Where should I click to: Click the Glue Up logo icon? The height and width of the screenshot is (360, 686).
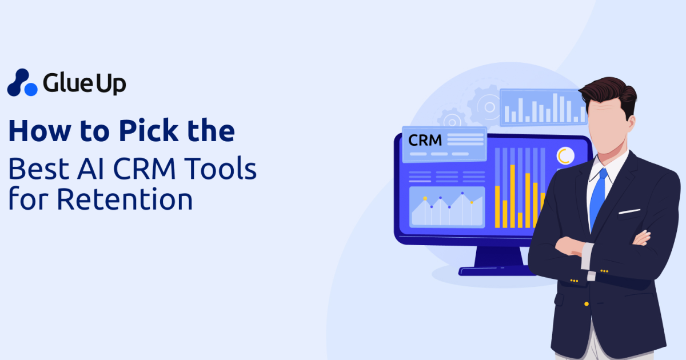point(22,83)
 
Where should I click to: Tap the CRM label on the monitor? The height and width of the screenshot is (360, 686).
point(425,139)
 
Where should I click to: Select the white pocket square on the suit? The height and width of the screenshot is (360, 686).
point(629,211)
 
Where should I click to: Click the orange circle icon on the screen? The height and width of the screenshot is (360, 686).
point(565,155)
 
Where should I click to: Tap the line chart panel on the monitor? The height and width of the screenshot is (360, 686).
point(447,207)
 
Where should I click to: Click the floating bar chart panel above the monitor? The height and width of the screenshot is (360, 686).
point(543,107)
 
